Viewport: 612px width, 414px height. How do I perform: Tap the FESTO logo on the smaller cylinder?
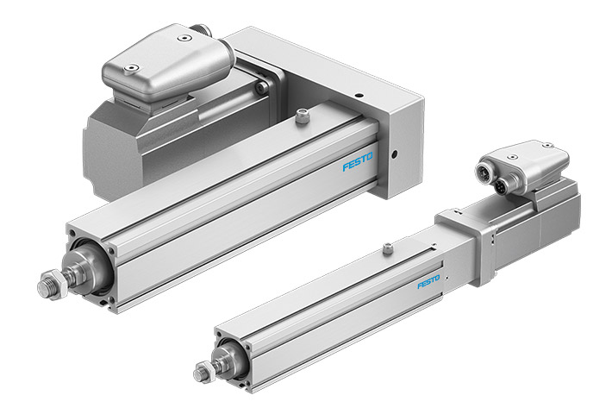pos(428,283)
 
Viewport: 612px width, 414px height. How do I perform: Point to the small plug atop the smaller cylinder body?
pos(388,250)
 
